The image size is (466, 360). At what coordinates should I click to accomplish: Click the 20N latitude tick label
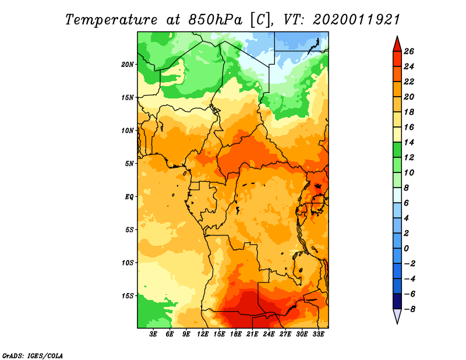pos(128,65)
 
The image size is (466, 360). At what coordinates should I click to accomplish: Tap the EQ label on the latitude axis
pos(129,197)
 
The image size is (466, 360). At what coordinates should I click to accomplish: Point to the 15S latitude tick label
pos(128,296)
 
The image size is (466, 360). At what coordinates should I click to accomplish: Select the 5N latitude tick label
pos(129,164)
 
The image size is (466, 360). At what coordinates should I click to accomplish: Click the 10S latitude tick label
pos(128,263)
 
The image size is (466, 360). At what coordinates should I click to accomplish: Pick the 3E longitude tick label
pos(153,334)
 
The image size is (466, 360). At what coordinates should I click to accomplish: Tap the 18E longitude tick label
pos(236,334)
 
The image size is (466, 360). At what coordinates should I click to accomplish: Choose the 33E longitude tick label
pos(318,334)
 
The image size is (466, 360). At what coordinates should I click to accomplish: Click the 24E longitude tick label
pos(269,334)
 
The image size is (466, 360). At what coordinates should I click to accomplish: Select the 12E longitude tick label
pos(203,334)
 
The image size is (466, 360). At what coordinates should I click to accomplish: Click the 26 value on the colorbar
pos(409,51)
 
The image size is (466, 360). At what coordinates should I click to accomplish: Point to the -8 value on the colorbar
pos(409,309)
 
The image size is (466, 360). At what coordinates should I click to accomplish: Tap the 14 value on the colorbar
pos(409,142)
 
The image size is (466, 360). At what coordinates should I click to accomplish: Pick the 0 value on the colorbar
pos(406,249)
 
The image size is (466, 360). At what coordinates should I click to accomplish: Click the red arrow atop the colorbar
pos(397,44)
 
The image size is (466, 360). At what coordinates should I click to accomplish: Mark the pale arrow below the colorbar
pos(397,316)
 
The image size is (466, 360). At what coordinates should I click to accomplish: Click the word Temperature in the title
pos(111,20)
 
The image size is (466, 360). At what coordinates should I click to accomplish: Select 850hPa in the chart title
pos(215,20)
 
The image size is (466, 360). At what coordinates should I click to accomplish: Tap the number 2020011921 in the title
pos(356,20)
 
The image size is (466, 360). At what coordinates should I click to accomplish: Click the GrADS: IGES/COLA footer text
pos(33,356)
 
